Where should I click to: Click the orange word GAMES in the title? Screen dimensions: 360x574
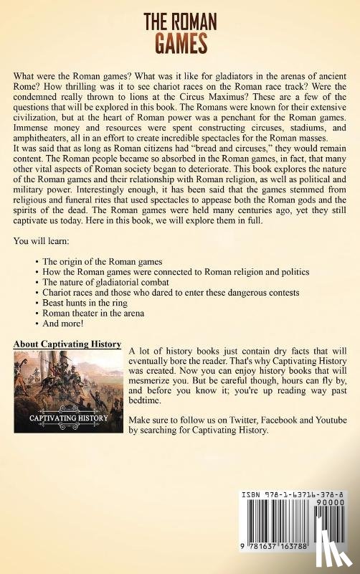(179, 43)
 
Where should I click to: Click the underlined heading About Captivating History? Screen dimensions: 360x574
(67, 344)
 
